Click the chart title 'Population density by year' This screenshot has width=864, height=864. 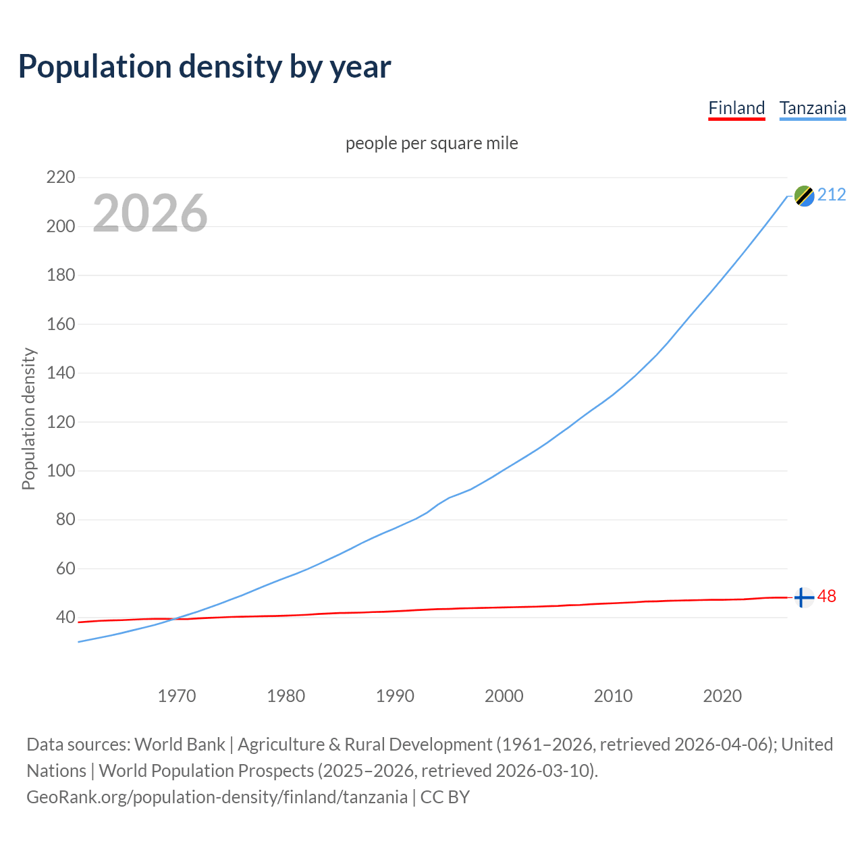(205, 66)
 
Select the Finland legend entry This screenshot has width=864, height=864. (736, 108)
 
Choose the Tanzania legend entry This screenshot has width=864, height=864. (812, 108)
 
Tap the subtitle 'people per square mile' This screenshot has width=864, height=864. (431, 143)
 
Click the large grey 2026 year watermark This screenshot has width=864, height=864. (150, 213)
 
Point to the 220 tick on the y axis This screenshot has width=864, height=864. (61, 178)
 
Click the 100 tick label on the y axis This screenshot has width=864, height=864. (61, 470)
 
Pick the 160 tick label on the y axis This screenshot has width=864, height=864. (61, 324)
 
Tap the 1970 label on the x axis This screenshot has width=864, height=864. (177, 696)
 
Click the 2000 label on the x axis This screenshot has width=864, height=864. (504, 696)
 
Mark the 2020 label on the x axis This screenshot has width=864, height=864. (722, 696)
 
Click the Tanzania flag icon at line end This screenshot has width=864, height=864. (804, 196)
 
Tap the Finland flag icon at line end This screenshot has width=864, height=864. (803, 597)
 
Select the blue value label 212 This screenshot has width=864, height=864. (832, 195)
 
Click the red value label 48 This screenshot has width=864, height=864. (827, 597)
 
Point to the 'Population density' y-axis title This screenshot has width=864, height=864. (28, 418)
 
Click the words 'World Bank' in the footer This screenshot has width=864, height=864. (180, 744)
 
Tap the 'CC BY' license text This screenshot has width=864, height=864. (445, 796)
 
